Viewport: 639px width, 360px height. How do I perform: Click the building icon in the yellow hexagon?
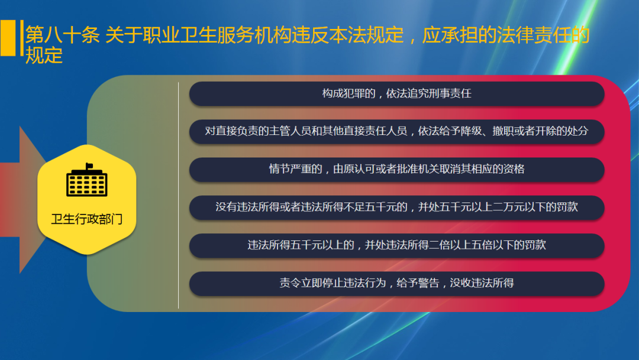(86, 182)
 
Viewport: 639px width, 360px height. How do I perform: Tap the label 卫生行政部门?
(86, 219)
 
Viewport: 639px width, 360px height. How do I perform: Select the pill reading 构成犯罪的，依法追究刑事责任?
(396, 94)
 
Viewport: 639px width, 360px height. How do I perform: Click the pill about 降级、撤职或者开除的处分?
(396, 131)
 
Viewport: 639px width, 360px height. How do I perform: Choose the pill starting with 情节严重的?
(396, 169)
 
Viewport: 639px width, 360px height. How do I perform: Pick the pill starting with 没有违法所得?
(396, 207)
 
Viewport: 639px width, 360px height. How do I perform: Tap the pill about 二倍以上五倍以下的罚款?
(396, 245)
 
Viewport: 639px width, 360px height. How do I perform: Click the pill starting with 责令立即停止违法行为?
(396, 283)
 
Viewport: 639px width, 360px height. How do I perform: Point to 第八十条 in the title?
(62, 35)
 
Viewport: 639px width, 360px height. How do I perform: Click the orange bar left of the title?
(8, 38)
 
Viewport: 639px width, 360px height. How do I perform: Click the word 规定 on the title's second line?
(44, 55)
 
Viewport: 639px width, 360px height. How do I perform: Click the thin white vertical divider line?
(178, 195)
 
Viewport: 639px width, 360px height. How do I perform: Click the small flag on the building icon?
(89, 165)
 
